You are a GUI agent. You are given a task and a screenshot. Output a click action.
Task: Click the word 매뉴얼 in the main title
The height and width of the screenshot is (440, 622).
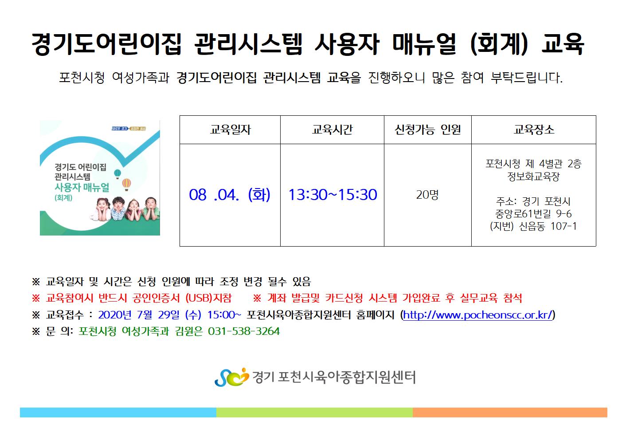[424, 44]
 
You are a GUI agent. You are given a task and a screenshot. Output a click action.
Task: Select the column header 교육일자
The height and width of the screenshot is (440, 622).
[230, 130]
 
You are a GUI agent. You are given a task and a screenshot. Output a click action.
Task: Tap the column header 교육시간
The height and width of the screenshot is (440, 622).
[332, 130]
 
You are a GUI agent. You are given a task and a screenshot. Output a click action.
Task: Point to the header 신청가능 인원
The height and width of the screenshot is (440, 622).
[428, 130]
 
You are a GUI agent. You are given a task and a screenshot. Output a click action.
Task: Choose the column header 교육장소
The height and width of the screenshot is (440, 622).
[534, 130]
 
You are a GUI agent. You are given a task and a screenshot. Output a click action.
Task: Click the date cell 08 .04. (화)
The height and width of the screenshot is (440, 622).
[230, 194]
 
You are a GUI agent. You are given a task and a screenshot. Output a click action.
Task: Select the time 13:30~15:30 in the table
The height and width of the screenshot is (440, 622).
[333, 194]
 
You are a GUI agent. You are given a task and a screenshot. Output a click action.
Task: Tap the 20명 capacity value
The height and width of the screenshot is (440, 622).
[427, 194]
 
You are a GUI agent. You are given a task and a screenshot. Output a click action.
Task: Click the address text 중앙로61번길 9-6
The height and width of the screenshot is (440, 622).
[533, 214]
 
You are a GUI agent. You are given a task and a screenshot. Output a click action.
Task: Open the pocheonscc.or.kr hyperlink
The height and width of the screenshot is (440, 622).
[477, 315]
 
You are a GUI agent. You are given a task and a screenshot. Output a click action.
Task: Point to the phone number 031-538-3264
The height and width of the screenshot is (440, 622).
[244, 331]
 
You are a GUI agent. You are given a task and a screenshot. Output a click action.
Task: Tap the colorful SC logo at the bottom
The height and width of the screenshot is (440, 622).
[231, 377]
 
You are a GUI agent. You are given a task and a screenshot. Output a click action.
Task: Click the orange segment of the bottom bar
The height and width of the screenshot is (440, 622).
[510, 412]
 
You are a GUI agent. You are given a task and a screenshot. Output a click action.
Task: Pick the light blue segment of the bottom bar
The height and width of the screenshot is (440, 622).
[118, 412]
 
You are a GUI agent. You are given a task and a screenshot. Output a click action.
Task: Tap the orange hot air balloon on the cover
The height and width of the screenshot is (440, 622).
[126, 184]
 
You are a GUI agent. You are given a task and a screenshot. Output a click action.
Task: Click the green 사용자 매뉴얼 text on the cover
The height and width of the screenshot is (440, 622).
[82, 188]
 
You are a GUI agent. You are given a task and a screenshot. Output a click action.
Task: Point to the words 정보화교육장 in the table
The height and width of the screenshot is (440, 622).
[533, 176]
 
